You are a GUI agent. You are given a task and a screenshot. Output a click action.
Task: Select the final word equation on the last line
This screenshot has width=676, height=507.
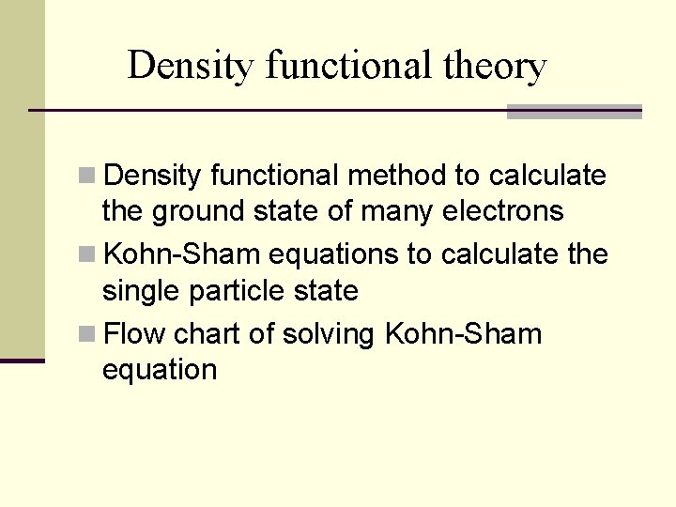[159, 370]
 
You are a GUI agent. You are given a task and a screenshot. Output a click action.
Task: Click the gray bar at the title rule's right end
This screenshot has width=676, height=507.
[574, 112]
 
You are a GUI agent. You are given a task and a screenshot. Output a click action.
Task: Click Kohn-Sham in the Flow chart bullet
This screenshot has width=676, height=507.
[464, 333]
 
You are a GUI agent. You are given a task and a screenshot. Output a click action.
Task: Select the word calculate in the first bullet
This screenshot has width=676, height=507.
[548, 176]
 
